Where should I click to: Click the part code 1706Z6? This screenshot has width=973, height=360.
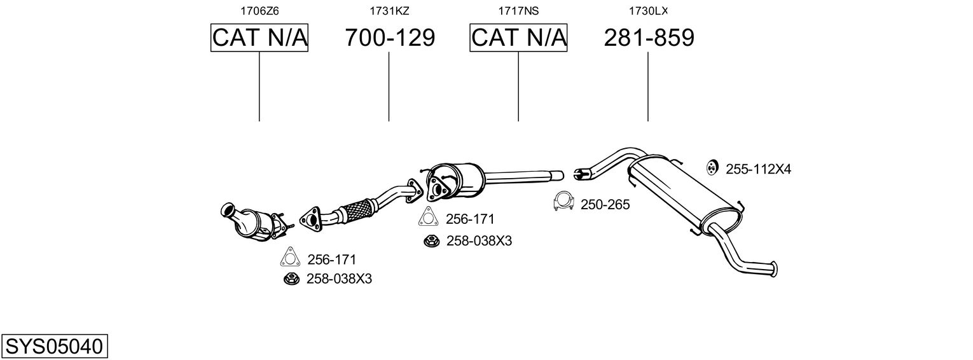[259, 11]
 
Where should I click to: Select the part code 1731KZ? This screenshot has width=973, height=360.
[389, 11]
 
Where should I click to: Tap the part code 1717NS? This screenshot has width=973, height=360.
[518, 11]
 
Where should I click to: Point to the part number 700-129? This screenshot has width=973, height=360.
[390, 38]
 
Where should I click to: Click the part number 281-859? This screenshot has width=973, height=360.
[649, 38]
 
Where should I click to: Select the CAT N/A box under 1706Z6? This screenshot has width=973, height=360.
[259, 38]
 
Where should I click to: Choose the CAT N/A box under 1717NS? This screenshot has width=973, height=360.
[518, 38]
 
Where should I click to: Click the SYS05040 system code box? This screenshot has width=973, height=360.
[54, 346]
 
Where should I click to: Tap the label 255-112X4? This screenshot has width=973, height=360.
[759, 169]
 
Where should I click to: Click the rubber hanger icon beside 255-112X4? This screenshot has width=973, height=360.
[712, 168]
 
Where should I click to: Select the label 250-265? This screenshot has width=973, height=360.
[605, 205]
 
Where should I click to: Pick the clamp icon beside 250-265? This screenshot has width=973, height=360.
[564, 201]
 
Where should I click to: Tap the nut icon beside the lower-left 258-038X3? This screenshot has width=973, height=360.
[291, 279]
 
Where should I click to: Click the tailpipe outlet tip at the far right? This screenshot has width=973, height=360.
[774, 269]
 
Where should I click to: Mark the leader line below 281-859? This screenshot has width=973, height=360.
[648, 87]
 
